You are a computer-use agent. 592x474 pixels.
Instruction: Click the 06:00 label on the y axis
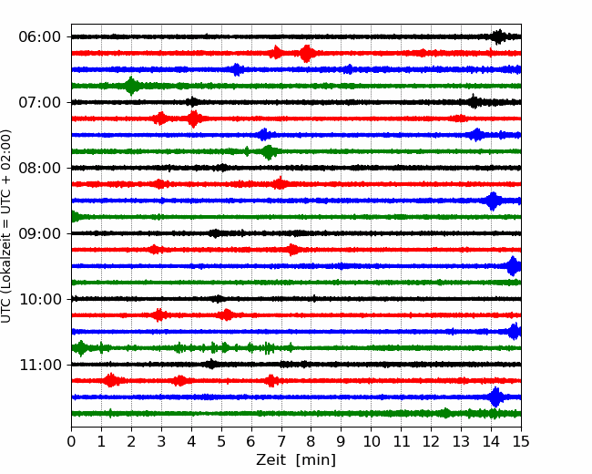pyautogui.click(x=40, y=36)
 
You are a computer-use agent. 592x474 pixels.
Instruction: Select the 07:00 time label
pyautogui.click(x=40, y=102)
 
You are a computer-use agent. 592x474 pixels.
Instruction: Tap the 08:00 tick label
pyautogui.click(x=40, y=168)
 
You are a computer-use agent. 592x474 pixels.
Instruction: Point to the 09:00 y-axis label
pyautogui.click(x=40, y=233)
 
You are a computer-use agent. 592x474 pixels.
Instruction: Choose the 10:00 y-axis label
pyautogui.click(x=40, y=299)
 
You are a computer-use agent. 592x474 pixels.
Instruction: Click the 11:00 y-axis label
pyautogui.click(x=40, y=365)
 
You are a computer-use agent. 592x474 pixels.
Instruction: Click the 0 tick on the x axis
pyautogui.click(x=72, y=442)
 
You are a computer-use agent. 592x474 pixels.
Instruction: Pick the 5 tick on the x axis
pyautogui.click(x=221, y=442)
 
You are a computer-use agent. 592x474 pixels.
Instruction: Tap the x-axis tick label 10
pyautogui.click(x=372, y=442)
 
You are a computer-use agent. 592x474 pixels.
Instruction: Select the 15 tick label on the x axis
pyautogui.click(x=521, y=442)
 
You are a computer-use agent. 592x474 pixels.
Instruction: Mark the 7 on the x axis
pyautogui.click(x=281, y=442)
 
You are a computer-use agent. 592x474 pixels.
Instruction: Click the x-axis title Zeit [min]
pyautogui.click(x=296, y=459)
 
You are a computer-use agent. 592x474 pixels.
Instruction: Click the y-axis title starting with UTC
pyautogui.click(x=7, y=226)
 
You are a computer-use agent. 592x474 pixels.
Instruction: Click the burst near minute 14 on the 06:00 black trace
pyautogui.click(x=497, y=36)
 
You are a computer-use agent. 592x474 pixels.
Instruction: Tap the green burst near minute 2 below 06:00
pyautogui.click(x=132, y=86)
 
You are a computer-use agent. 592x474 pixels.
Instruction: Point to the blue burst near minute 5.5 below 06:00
pyautogui.click(x=237, y=69)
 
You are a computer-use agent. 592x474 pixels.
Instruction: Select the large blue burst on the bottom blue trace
pyautogui.click(x=495, y=397)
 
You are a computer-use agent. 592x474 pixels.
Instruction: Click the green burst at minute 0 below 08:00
pyautogui.click(x=75, y=217)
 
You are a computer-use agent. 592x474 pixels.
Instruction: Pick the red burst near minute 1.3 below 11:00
pyautogui.click(x=111, y=380)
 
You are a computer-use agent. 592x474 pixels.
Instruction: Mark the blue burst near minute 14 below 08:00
pyautogui.click(x=493, y=201)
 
